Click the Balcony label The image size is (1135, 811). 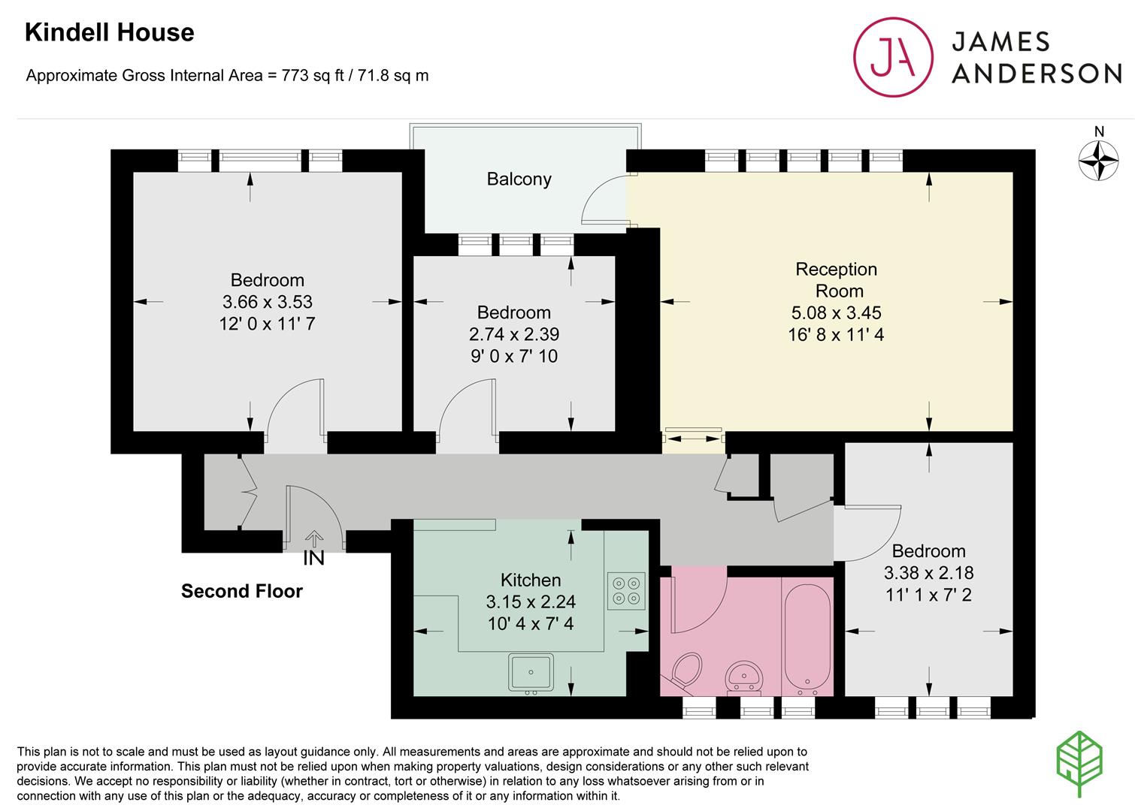point(519,179)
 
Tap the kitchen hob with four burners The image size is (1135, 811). point(626,591)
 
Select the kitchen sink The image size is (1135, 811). point(531,674)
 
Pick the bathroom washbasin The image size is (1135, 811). point(743,677)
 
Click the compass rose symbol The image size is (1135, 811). point(1098,161)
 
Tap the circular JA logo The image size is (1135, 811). point(893,57)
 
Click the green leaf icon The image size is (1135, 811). point(1079,763)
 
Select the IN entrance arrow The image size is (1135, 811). point(314,538)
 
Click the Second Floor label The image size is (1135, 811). point(242,591)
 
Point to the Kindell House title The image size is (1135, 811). point(110,33)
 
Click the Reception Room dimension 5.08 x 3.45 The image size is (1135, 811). point(836,313)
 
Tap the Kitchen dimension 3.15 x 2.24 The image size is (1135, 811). point(531,601)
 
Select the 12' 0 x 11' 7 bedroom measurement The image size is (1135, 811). point(267,324)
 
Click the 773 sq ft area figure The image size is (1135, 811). point(313,75)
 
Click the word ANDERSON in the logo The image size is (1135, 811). point(1037,74)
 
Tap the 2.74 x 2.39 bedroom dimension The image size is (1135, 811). point(514,334)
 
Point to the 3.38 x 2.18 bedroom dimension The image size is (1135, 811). point(928,572)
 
